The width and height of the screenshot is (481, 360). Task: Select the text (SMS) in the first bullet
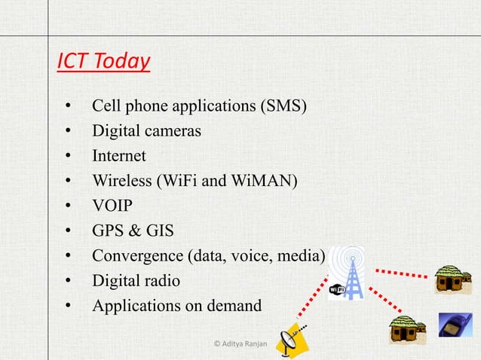point(283,105)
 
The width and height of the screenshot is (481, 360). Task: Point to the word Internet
point(118,156)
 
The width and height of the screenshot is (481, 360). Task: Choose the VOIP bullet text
point(112,206)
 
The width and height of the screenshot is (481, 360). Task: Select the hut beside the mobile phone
point(407,330)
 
